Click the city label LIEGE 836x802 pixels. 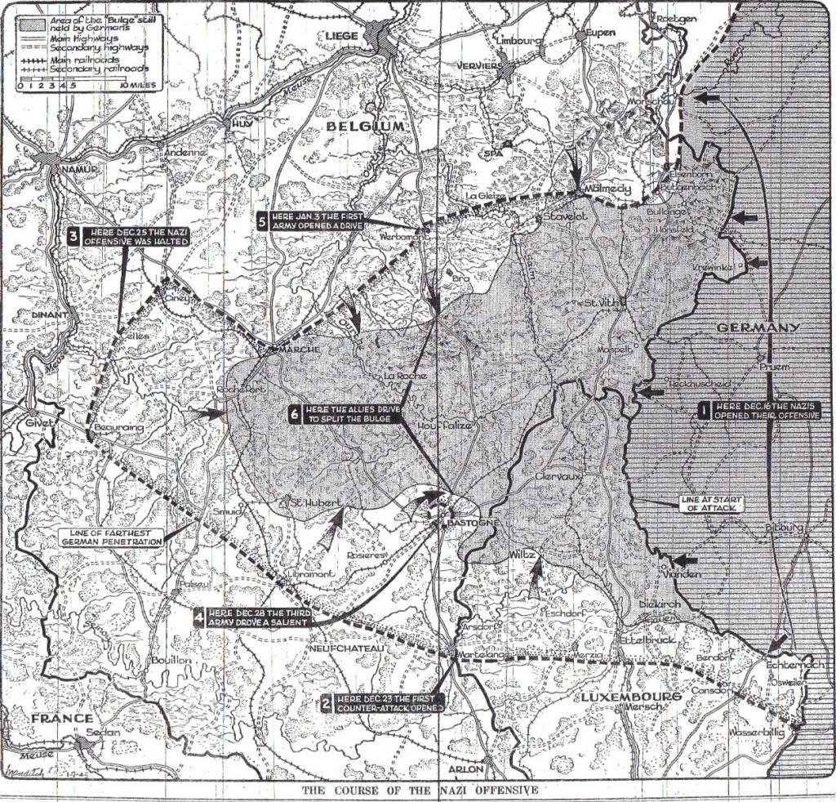[341, 36]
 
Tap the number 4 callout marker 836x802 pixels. [200, 617]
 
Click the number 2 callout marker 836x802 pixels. [326, 703]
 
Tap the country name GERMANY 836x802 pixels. [758, 327]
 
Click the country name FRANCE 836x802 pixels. [62, 718]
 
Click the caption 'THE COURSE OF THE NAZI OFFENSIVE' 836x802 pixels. [419, 791]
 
